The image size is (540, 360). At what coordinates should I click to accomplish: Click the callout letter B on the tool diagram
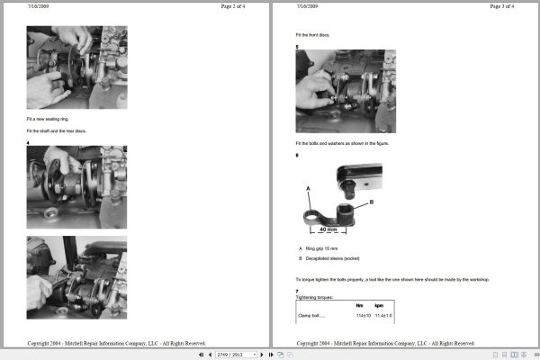click(371, 202)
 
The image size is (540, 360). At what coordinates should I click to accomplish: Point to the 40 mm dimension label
click(328, 229)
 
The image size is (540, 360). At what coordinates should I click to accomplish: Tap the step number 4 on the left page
click(28, 143)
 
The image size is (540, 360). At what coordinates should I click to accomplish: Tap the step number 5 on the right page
click(297, 47)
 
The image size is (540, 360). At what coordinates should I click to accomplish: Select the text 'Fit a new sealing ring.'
click(47, 119)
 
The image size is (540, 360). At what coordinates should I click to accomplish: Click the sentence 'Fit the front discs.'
click(313, 35)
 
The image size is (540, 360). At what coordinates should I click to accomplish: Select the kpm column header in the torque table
click(379, 306)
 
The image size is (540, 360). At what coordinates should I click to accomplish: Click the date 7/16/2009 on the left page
click(38, 6)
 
